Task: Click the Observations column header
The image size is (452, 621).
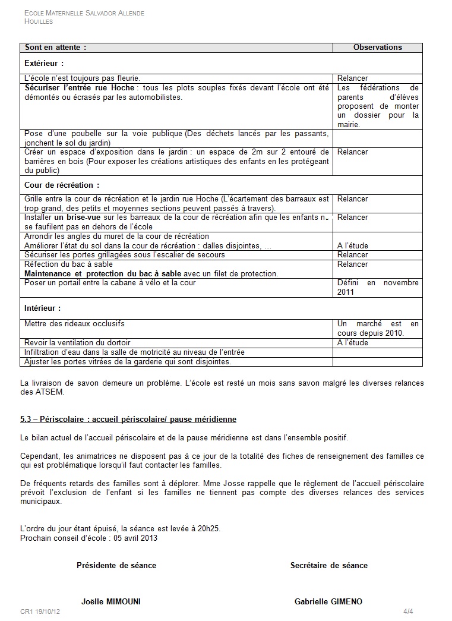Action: coord(377,48)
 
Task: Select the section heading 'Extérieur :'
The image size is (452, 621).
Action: coord(44,62)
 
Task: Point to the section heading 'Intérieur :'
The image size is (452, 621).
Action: coord(42,308)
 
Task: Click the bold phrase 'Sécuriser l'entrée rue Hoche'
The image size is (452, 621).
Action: coord(80,88)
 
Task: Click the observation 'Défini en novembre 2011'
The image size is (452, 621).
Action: coord(378,288)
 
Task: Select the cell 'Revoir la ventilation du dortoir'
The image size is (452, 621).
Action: coord(77,343)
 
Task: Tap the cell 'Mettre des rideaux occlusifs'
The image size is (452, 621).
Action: coord(74,324)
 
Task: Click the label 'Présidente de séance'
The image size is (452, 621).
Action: coord(116,566)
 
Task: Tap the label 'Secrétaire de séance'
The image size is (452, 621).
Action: coord(329,566)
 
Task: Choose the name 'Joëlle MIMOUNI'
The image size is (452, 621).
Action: coord(111,601)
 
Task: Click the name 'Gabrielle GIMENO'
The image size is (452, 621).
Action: coord(328,601)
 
